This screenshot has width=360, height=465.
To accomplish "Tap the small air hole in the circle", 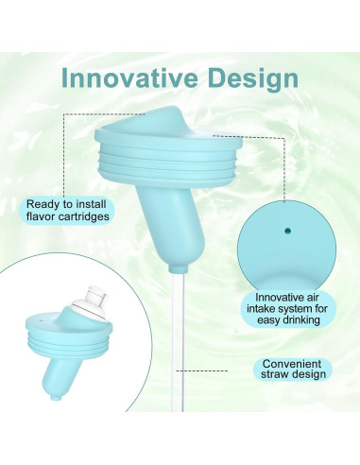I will click(288, 228).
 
